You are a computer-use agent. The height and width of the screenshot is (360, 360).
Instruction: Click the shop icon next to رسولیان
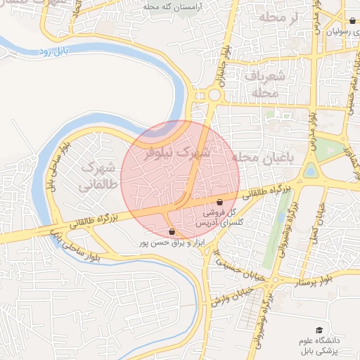coord(352,21)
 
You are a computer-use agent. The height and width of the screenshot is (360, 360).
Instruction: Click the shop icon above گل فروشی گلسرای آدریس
coord(220,202)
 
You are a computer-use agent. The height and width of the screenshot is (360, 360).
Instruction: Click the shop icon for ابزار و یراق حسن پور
coord(172,231)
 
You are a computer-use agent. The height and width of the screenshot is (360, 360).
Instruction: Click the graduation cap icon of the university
coord(319,330)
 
